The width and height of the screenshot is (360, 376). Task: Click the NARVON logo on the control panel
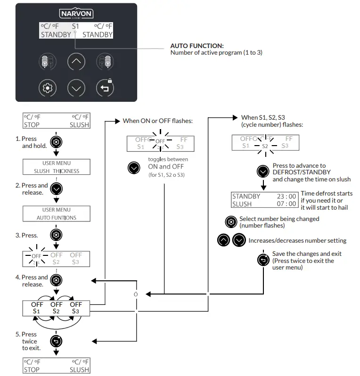(76, 14)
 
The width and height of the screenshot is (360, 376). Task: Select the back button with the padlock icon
(105, 88)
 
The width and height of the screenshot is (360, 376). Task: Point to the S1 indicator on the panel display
(75, 27)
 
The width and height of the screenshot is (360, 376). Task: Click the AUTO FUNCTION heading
(196, 46)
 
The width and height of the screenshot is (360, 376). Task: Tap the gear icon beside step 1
(56, 142)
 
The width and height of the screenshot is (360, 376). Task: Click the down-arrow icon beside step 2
(56, 188)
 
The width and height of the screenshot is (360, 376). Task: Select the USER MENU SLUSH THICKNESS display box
(57, 167)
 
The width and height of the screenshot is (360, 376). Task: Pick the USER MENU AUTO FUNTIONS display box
(57, 214)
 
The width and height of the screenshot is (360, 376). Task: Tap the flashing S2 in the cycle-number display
(265, 146)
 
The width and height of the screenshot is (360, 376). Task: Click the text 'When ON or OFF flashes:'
(157, 121)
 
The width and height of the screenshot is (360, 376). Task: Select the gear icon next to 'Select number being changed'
(231, 221)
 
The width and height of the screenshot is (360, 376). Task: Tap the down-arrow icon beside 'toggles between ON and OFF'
(134, 167)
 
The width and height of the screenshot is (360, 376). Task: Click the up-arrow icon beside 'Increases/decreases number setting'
(224, 240)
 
